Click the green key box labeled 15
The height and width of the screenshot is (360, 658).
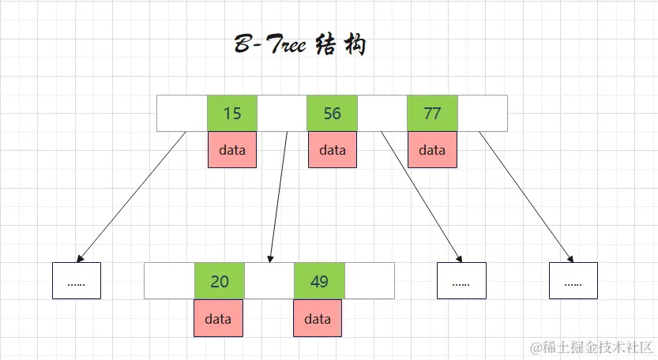click(232, 114)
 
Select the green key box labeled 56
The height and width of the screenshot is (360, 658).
click(332, 114)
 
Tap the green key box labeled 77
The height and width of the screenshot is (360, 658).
click(432, 114)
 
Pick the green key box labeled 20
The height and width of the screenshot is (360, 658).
click(220, 281)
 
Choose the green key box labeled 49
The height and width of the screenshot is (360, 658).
click(319, 281)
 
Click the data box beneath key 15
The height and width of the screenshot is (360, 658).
click(232, 150)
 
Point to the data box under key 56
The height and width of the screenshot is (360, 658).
click(332, 150)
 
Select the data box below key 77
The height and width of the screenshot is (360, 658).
click(432, 150)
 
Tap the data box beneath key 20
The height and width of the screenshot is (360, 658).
click(218, 319)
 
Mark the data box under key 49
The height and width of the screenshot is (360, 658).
click(318, 319)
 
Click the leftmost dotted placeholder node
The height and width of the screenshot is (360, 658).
click(77, 281)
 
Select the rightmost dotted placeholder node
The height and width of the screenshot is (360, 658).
click(573, 281)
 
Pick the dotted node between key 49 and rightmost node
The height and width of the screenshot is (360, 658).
click(461, 281)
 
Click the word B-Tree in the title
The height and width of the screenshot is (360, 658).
click(269, 45)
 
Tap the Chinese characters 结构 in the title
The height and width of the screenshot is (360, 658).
click(340, 45)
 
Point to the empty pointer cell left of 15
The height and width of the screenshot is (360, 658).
click(182, 114)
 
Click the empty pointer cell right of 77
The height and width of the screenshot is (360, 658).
click(483, 114)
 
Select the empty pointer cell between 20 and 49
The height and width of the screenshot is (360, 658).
click(269, 281)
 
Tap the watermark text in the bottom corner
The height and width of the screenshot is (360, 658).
click(592, 347)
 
